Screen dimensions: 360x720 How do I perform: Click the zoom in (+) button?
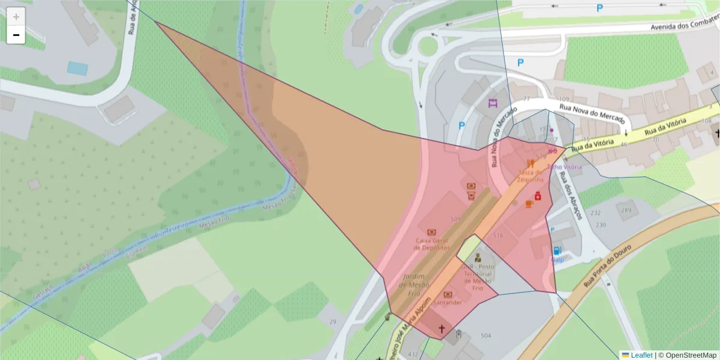[16, 17]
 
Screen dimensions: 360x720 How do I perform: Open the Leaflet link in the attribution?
[641, 355]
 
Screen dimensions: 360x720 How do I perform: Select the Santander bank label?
[448, 302]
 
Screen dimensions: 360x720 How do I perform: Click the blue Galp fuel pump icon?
[557, 251]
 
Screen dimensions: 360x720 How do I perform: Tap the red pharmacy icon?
[538, 196]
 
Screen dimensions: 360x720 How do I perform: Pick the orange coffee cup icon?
[529, 204]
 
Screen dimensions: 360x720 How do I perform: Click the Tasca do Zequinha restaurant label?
[530, 175]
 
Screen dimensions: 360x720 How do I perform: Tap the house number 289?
[626, 211]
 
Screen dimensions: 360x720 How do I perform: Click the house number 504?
[486, 335]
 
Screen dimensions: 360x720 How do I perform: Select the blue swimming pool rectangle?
[77, 68]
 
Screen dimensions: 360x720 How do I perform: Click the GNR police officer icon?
[478, 258]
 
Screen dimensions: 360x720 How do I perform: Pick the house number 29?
[332, 322]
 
